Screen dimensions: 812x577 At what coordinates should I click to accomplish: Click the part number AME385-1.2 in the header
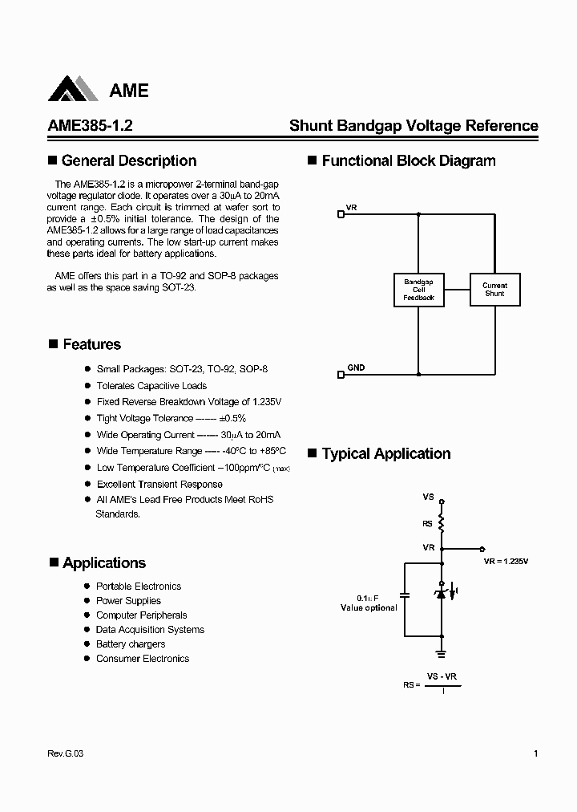tap(90, 126)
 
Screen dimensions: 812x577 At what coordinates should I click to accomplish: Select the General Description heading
tap(128, 160)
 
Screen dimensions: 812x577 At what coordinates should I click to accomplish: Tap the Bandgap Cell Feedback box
tap(418, 290)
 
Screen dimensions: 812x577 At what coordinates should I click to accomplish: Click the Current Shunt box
tap(494, 290)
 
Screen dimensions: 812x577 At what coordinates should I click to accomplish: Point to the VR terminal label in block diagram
tap(352, 208)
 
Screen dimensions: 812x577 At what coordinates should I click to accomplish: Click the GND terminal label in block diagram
tap(356, 367)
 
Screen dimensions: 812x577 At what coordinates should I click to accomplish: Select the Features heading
tap(91, 344)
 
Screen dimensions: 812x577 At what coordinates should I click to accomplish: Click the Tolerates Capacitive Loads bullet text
tap(151, 386)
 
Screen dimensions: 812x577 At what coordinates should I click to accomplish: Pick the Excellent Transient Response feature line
tap(159, 484)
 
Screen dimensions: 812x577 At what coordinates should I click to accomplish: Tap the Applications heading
tap(104, 562)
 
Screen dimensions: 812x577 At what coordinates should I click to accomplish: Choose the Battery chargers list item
tap(131, 644)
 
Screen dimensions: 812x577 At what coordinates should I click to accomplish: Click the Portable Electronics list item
tap(139, 587)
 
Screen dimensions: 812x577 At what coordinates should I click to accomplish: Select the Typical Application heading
tap(386, 453)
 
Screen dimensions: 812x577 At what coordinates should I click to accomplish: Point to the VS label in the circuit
tap(428, 497)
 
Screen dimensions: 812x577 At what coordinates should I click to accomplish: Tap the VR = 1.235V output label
tap(506, 562)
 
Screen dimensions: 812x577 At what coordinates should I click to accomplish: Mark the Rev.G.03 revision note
tap(60, 753)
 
